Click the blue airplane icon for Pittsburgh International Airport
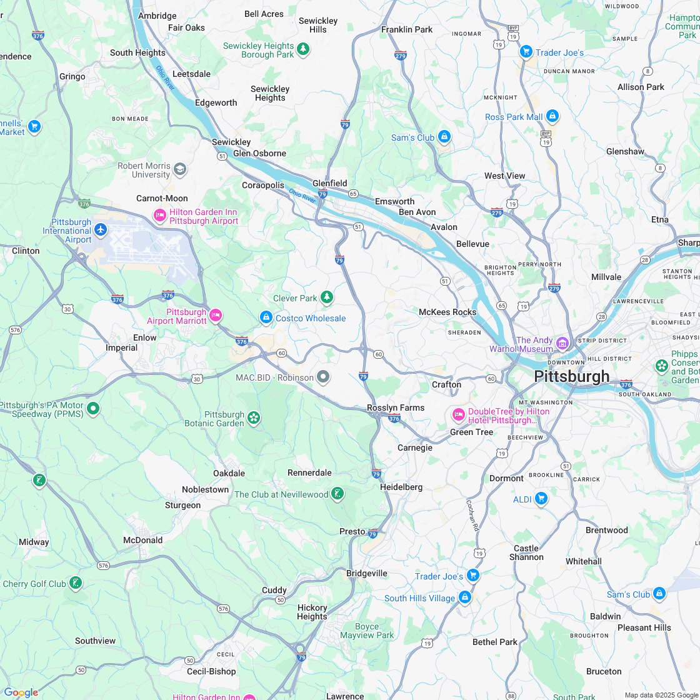point(101,231)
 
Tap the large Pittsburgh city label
point(571,376)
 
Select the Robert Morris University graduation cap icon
point(180,169)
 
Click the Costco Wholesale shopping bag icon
point(266,318)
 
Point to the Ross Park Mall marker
point(552,116)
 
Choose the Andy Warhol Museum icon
point(562,343)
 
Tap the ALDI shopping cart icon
point(541,499)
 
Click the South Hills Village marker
point(464,598)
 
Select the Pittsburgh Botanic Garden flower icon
point(254,417)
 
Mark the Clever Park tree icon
point(326,297)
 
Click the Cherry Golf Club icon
point(75,584)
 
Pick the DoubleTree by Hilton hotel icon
point(458,415)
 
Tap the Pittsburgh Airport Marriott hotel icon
point(215,315)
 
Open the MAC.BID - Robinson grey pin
point(323,377)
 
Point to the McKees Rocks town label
point(447,312)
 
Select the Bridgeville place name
point(367,573)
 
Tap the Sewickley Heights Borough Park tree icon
point(303,49)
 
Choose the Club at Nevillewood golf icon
point(337,494)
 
